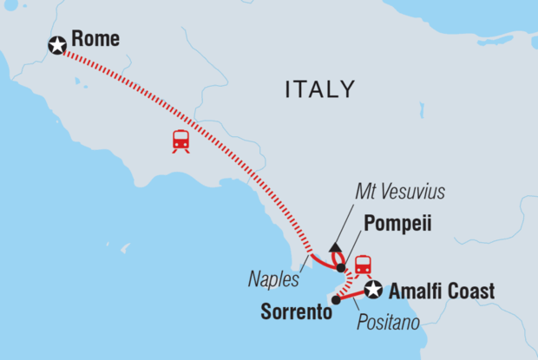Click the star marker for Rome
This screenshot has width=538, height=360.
coord(57,45)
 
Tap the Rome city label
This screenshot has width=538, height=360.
coord(95,40)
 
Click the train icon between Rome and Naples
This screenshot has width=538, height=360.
coord(181,141)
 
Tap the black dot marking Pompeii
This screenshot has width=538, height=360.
coord(341,267)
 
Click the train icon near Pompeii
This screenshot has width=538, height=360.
coord(363,264)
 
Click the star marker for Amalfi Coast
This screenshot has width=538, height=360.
coord(373,289)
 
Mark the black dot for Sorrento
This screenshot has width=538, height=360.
coord(335,300)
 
